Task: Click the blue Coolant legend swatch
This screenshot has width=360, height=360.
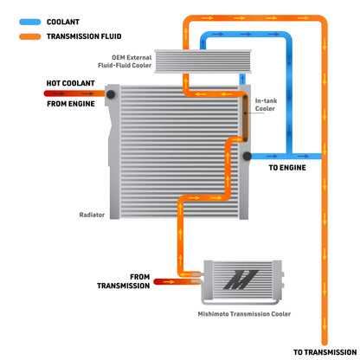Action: [x=30, y=22]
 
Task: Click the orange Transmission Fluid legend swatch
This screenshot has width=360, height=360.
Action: [x=30, y=36]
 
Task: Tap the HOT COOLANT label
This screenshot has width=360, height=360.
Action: [x=71, y=83]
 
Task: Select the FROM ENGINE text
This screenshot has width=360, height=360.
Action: [x=71, y=104]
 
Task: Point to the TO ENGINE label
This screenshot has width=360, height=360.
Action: [x=287, y=168]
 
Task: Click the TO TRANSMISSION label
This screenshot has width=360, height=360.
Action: [x=325, y=352]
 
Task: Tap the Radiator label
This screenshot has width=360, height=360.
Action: [x=92, y=215]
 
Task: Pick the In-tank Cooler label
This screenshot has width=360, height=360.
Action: [x=266, y=105]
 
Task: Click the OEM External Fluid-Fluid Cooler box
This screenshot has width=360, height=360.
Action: [x=203, y=61]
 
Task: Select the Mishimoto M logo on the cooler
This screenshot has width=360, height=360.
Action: [x=241, y=280]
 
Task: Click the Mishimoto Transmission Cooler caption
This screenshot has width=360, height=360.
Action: [x=244, y=314]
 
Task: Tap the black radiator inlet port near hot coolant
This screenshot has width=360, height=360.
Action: [x=111, y=94]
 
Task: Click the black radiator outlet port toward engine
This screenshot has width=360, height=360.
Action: [x=247, y=156]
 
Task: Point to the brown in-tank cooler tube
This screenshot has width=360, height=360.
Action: [x=245, y=119]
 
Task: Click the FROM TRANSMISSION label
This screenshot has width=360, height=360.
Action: [x=124, y=281]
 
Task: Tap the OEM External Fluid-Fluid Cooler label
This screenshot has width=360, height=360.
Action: [x=125, y=61]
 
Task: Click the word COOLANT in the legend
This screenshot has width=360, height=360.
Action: [x=63, y=22]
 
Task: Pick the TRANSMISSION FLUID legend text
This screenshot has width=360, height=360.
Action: [x=84, y=36]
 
